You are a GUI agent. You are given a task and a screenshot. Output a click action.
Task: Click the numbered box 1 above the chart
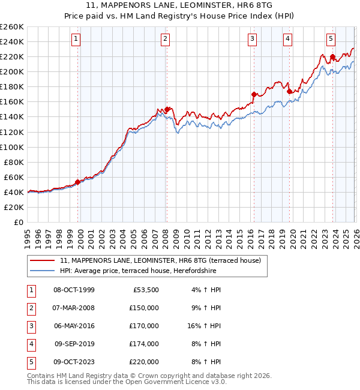coord(77,40)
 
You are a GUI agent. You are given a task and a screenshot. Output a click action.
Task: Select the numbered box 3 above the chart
coord(253,40)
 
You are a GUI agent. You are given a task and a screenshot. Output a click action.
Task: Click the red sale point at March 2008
coord(167,109)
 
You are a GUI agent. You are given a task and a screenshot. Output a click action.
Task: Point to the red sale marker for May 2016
coord(254,94)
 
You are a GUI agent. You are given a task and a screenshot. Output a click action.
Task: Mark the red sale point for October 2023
coord(332,57)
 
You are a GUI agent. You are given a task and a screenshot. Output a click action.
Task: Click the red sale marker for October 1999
coord(77,182)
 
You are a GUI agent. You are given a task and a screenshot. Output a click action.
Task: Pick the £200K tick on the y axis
coord(12,71)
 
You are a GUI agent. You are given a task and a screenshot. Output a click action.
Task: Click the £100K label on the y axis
coord(12,147)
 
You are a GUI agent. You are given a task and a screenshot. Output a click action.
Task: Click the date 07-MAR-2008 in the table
coord(74,308)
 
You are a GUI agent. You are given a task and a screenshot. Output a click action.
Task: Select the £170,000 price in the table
coord(144,326)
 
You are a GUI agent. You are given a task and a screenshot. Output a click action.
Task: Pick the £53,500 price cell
coord(146,290)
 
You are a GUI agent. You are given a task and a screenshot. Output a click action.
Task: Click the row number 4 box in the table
coord(29,344)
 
